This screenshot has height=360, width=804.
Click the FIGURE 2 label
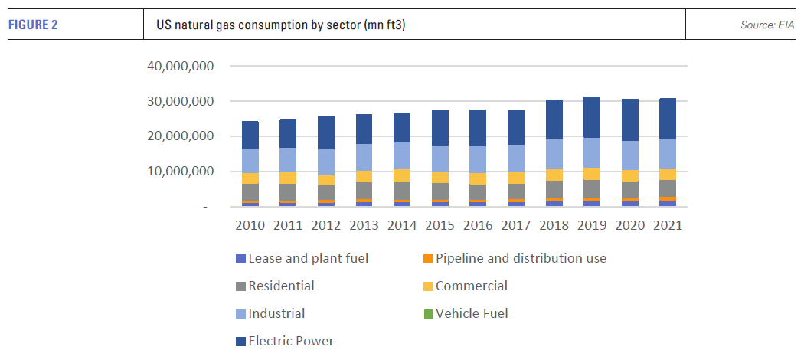(x=34, y=25)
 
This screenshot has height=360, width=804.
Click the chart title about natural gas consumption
(x=280, y=25)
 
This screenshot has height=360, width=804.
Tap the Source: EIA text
(x=767, y=25)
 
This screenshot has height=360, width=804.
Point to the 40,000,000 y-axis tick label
(x=178, y=66)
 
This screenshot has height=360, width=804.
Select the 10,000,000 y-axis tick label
(x=178, y=172)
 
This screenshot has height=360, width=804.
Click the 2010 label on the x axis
(x=250, y=226)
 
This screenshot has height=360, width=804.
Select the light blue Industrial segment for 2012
(x=325, y=162)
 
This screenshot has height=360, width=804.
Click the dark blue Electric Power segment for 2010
(x=250, y=135)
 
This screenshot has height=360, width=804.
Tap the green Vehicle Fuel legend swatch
(x=429, y=313)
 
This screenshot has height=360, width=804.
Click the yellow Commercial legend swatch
(x=429, y=286)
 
